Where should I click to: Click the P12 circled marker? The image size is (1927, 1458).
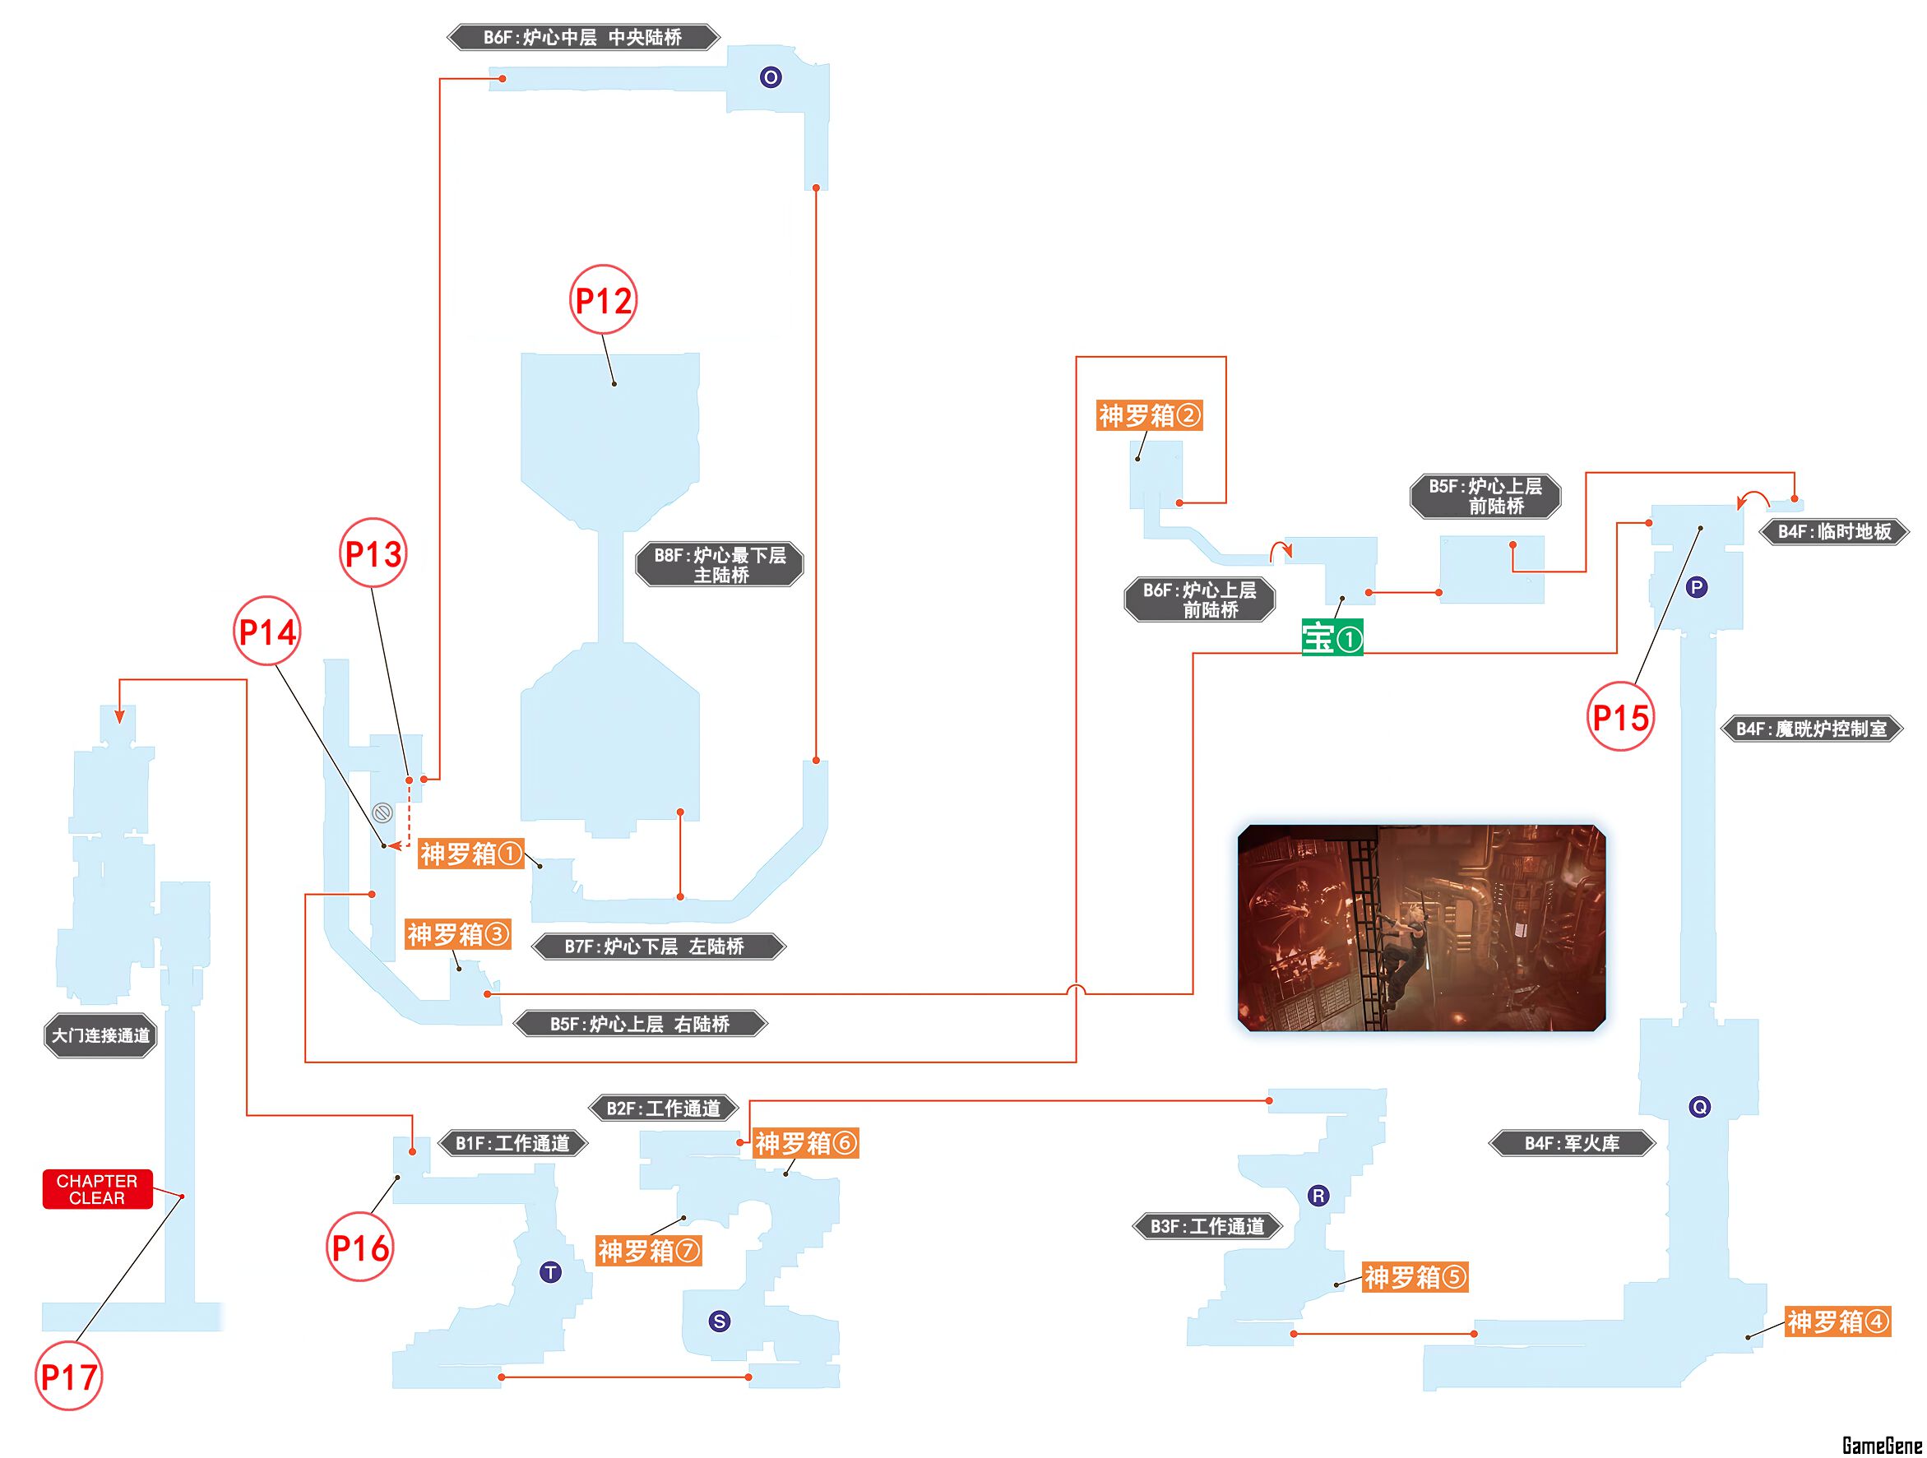click(603, 299)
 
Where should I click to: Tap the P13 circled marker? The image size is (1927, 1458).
click(373, 553)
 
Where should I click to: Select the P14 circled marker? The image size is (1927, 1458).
click(267, 632)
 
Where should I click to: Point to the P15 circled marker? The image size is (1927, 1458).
click(1620, 717)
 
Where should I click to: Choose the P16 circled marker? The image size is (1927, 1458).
click(361, 1248)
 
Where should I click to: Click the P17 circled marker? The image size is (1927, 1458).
click(69, 1377)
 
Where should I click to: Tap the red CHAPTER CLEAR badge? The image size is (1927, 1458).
click(98, 1189)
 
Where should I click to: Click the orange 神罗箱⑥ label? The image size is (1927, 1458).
click(807, 1143)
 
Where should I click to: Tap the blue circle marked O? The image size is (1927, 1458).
click(770, 77)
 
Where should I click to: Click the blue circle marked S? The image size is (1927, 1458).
click(720, 1321)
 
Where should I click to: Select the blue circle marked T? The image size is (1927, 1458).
click(550, 1272)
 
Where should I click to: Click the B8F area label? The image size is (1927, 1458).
click(720, 564)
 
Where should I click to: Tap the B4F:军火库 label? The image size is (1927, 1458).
click(1572, 1144)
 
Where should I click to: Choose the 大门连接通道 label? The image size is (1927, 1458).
click(101, 1035)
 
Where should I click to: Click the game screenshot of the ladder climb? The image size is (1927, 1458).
click(1422, 928)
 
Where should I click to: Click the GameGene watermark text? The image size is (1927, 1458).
click(1882, 1445)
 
